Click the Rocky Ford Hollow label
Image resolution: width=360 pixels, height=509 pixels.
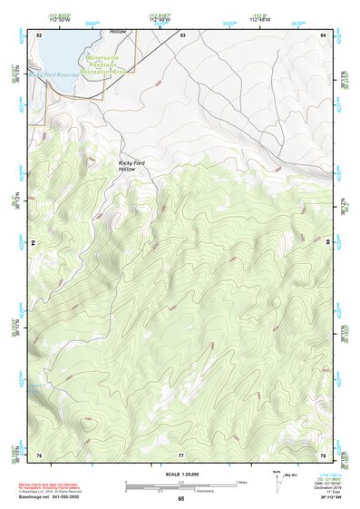(132, 166)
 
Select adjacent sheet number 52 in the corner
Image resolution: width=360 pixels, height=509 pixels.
(39, 34)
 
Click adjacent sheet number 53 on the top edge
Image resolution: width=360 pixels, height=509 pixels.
(182, 34)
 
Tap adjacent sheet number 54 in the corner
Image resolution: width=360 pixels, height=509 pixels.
(324, 34)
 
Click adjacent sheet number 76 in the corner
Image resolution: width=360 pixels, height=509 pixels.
(39, 454)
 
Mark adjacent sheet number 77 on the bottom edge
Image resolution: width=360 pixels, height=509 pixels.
(181, 454)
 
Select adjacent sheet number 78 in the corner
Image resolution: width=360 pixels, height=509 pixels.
(324, 454)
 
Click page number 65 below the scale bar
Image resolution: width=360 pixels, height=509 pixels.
(181, 499)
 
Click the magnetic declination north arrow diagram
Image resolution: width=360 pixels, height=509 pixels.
(277, 481)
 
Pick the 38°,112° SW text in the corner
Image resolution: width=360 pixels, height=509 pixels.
(327, 497)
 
